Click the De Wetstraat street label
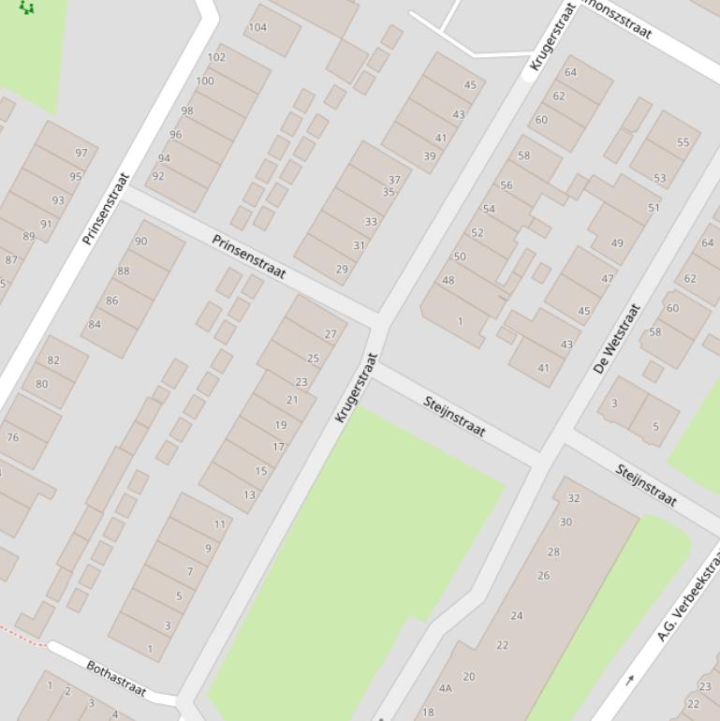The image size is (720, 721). pyautogui.click(x=617, y=338)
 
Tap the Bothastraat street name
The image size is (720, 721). pyautogui.click(x=116, y=678)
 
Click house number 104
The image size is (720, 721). pyautogui.click(x=257, y=27)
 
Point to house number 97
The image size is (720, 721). pyautogui.click(x=81, y=153)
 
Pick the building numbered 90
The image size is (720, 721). pyautogui.click(x=141, y=241)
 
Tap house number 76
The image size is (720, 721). pyautogui.click(x=12, y=437)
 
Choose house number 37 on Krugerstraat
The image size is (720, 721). pyautogui.click(x=394, y=180)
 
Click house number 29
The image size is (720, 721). pyautogui.click(x=342, y=269)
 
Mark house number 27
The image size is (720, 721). pyautogui.click(x=331, y=333)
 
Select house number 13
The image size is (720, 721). pyautogui.click(x=249, y=495)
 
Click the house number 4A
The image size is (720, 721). pyautogui.click(x=446, y=688)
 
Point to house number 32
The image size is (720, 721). pyautogui.click(x=574, y=498)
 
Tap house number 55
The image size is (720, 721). pyautogui.click(x=683, y=142)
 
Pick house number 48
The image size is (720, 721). pyautogui.click(x=448, y=280)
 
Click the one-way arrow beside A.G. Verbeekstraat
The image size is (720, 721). pyautogui.click(x=629, y=680)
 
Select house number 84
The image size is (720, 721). pyautogui.click(x=95, y=324)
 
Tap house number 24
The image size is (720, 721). pyautogui.click(x=517, y=615)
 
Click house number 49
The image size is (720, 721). pyautogui.click(x=617, y=243)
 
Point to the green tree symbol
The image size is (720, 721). pyautogui.click(x=27, y=7)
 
